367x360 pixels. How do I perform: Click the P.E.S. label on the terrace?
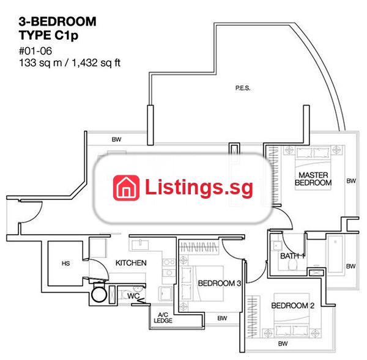(x=243, y=88)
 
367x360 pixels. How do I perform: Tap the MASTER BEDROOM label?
(x=313, y=178)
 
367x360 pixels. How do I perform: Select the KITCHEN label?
(x=131, y=263)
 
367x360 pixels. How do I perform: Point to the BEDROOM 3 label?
(x=220, y=283)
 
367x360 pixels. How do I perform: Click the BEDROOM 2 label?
(x=292, y=306)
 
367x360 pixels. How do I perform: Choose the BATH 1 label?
(x=292, y=256)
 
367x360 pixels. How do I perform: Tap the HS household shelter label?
(x=66, y=263)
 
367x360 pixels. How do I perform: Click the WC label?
(x=133, y=296)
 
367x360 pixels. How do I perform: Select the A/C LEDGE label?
(x=163, y=318)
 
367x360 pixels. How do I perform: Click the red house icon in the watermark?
(x=126, y=188)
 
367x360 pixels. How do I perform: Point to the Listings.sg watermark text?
(x=199, y=187)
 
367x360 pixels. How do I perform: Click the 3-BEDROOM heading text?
(x=57, y=21)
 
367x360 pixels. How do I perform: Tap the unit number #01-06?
(x=35, y=51)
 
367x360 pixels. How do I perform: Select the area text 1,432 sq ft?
(x=96, y=63)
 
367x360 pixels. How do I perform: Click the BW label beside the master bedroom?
(x=351, y=181)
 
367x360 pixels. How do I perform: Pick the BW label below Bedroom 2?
(x=283, y=343)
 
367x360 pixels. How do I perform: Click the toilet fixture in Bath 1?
(x=292, y=265)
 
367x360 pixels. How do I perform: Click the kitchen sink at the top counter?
(x=140, y=244)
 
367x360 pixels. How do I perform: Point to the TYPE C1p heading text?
(x=48, y=35)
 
